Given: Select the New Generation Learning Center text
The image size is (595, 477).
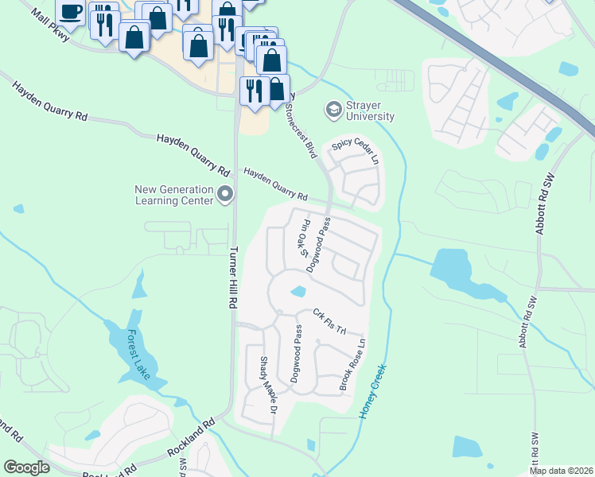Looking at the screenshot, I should click(x=174, y=195).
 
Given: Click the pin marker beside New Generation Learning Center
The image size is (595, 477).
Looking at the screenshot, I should click(x=225, y=193).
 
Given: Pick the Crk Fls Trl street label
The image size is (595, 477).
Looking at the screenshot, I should click(x=331, y=321).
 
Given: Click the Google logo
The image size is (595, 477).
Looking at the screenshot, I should click(x=26, y=467).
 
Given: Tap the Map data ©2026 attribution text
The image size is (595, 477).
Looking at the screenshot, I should click(x=560, y=471).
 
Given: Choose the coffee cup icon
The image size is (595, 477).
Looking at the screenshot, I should click(x=71, y=12).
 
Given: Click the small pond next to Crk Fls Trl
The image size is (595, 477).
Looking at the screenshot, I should click(x=298, y=292).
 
